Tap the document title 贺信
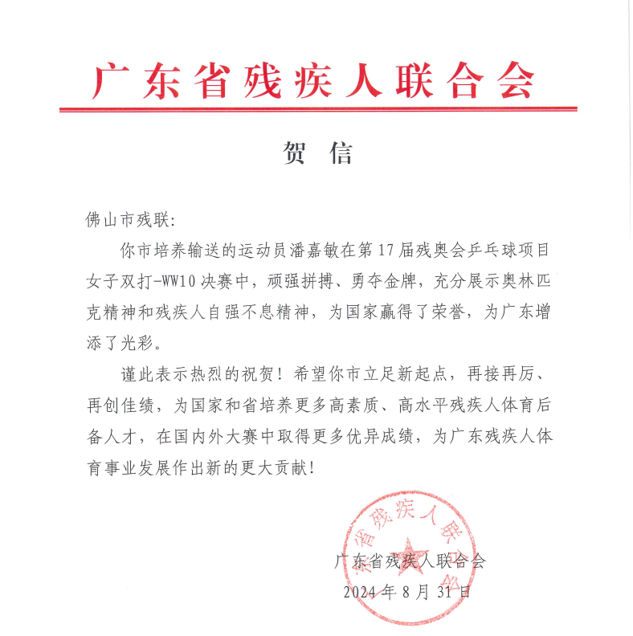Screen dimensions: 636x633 [x=316, y=153]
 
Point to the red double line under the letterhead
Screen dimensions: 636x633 [x=317, y=108]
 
